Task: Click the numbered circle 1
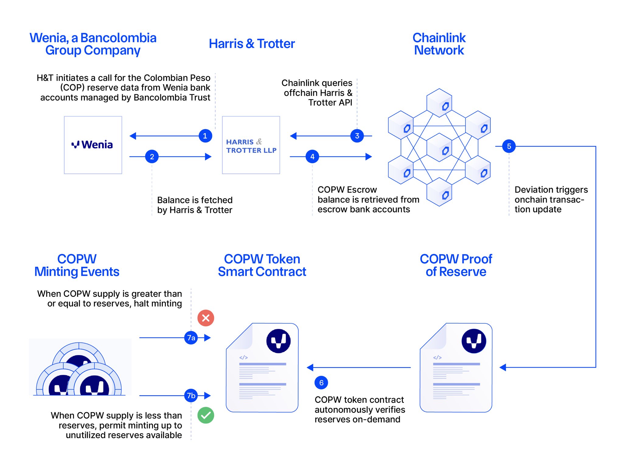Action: [205, 136]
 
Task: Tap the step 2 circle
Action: [152, 156]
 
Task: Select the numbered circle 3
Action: [357, 136]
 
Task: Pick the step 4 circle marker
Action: [312, 156]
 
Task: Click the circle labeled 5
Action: [509, 146]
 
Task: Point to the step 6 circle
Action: [321, 382]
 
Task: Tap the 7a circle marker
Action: [191, 338]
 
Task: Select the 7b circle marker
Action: [191, 395]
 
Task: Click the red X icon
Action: [206, 318]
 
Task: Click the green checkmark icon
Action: [206, 415]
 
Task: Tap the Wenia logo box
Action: [93, 145]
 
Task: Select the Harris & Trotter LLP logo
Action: [251, 146]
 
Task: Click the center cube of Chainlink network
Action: [439, 147]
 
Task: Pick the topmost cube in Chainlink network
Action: [439, 103]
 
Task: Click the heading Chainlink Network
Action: [439, 44]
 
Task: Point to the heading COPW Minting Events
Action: [77, 265]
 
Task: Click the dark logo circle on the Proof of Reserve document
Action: [473, 341]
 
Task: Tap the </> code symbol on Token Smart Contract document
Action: [243, 358]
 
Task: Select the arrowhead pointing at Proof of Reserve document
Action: [503, 367]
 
